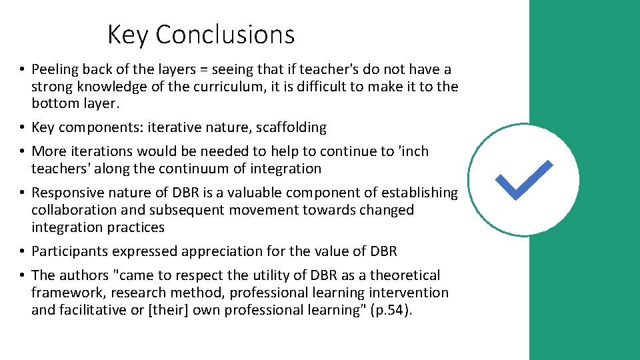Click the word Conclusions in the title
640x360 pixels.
[x=225, y=35]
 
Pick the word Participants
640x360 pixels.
[x=70, y=251]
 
